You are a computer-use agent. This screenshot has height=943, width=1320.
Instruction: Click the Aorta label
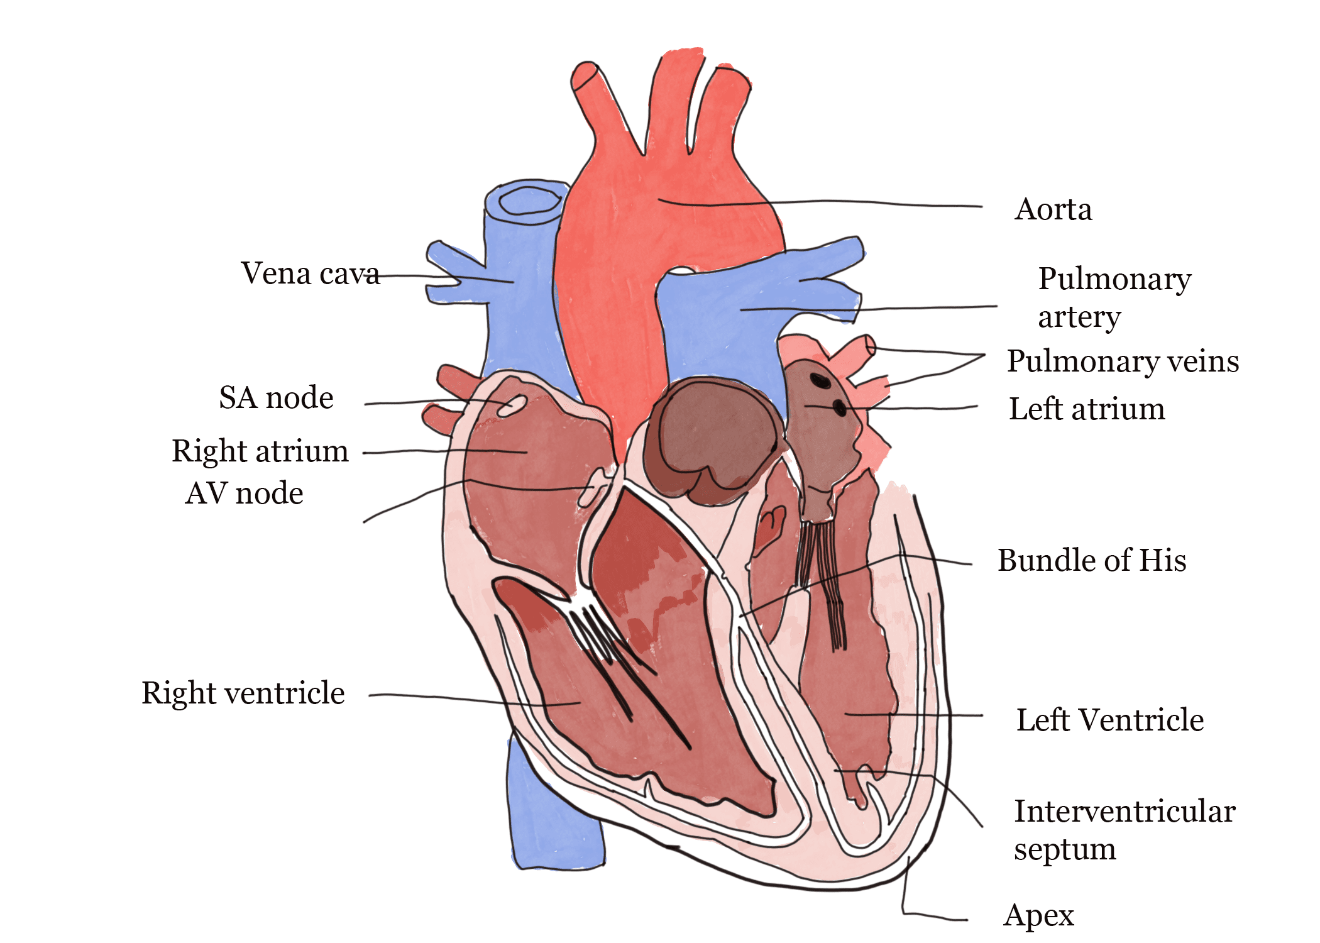tap(1053, 209)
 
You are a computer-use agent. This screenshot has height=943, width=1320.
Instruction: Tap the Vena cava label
tap(310, 274)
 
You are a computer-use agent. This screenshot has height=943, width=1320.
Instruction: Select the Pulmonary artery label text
tap(1113, 297)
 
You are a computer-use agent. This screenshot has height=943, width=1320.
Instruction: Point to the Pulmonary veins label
tap(1123, 361)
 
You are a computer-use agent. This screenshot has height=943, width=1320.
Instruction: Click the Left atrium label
tap(1086, 409)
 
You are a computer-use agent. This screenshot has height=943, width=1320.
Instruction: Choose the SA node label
tap(276, 398)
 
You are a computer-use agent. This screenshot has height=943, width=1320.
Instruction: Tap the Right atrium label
tap(260, 451)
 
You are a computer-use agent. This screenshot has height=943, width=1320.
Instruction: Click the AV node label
tap(245, 494)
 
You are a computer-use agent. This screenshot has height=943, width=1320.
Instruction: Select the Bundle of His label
tap(1092, 561)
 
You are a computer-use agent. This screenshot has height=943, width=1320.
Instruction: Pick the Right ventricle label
tap(243, 693)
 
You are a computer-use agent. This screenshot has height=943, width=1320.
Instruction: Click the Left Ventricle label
tap(1110, 720)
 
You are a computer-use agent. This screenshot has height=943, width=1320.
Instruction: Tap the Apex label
tap(1038, 916)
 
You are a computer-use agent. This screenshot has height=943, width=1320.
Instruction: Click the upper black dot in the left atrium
tap(819, 380)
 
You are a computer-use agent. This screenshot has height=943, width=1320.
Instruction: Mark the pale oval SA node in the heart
tap(512, 405)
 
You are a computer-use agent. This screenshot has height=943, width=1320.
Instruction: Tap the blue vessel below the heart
tap(553, 817)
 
